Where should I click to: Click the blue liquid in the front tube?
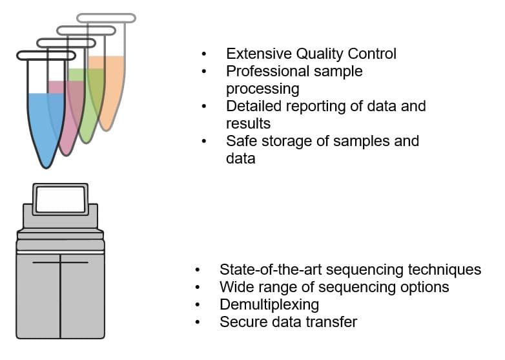pos(45,123)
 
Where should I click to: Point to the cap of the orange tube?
pos(106,17)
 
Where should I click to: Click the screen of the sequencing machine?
pos(61,199)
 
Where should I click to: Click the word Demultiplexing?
pos(269,304)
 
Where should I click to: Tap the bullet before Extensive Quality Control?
pos(205,54)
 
